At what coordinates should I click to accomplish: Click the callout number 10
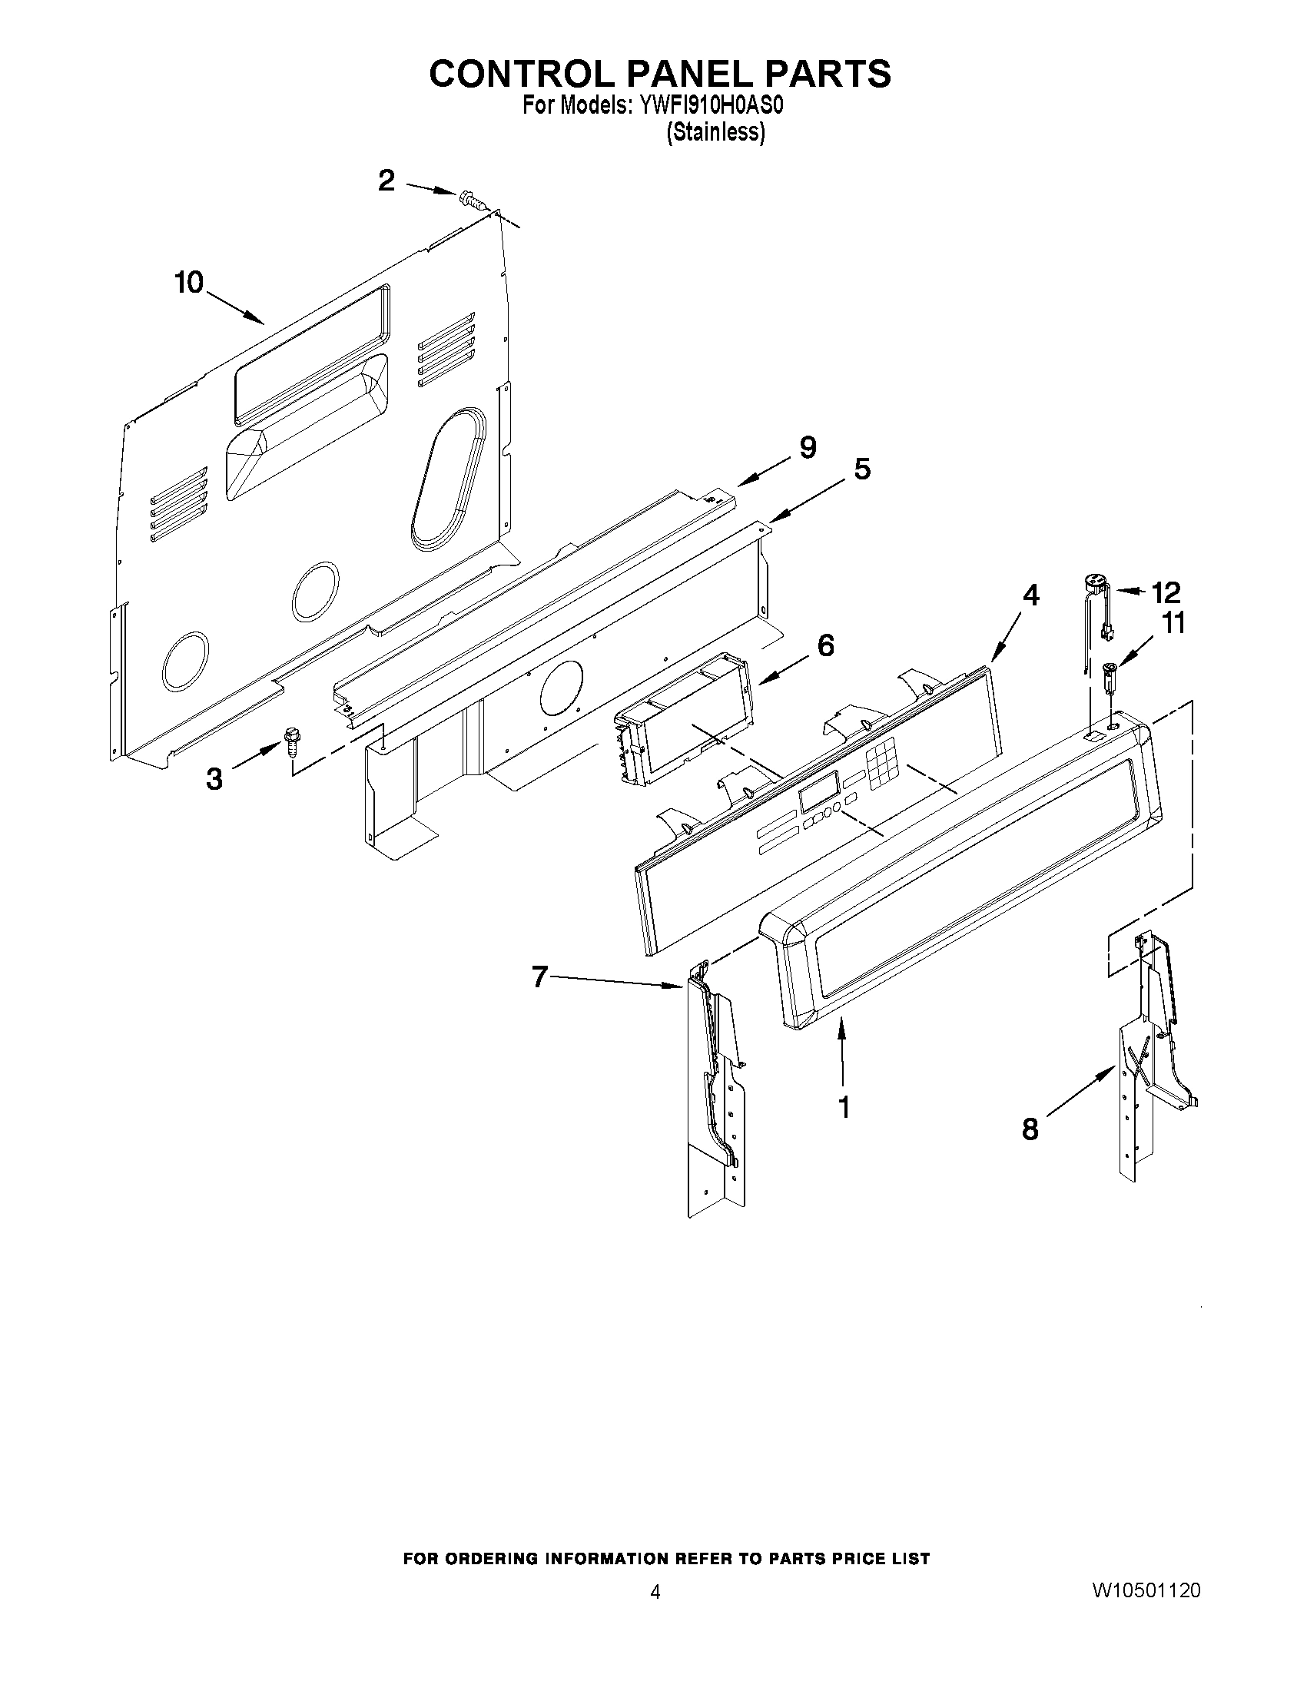(188, 283)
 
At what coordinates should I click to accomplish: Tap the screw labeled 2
(471, 200)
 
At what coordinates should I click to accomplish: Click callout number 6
(825, 645)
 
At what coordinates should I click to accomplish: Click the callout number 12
(1166, 593)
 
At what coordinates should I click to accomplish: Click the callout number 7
(540, 978)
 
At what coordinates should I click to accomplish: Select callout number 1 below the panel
(844, 1107)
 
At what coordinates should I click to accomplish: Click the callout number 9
(807, 446)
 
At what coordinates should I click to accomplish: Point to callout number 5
(861, 469)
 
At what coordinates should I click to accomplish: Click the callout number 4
(1030, 595)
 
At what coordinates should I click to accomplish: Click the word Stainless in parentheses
(715, 132)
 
